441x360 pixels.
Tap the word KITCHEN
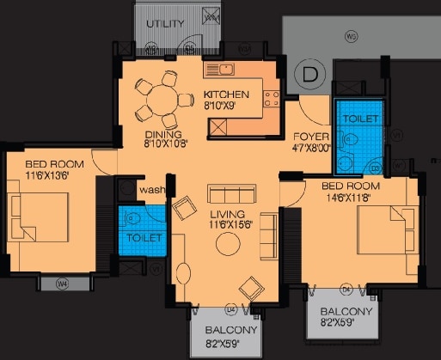click(226, 95)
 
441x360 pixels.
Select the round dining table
click(159, 101)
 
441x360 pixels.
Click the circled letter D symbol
click(309, 76)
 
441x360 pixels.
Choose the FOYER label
click(307, 135)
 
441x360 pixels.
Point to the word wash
click(152, 190)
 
